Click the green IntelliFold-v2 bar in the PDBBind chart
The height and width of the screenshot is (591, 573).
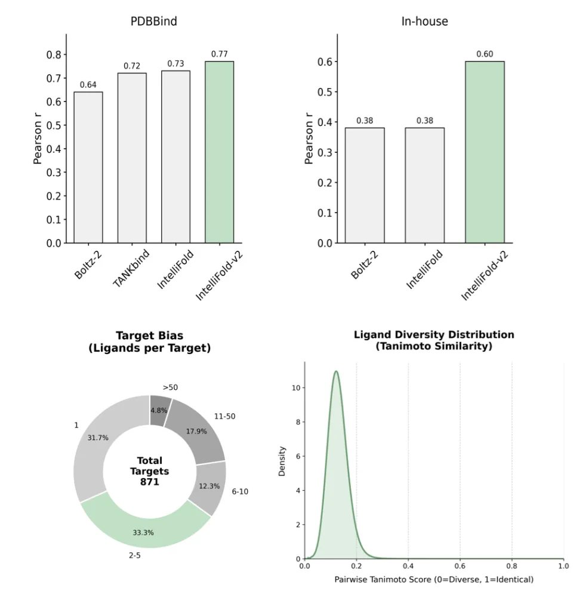[x=219, y=152]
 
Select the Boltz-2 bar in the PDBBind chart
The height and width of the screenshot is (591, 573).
[x=88, y=167]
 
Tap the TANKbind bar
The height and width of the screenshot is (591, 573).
[x=132, y=158]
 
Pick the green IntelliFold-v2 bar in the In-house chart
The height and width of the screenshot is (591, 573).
[x=484, y=152]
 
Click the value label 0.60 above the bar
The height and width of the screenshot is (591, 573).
[x=485, y=54]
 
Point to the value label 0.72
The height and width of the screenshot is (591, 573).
[x=132, y=66]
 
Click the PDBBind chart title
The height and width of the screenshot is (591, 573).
[x=153, y=21]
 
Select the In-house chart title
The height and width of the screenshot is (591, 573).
[x=424, y=21]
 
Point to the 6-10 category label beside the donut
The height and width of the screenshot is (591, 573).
[x=240, y=491]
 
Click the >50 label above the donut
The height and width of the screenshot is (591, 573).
[x=170, y=387]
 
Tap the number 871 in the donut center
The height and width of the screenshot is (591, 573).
[x=150, y=482]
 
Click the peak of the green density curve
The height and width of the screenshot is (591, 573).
[x=336, y=371]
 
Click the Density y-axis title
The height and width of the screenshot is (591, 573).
[x=282, y=461]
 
